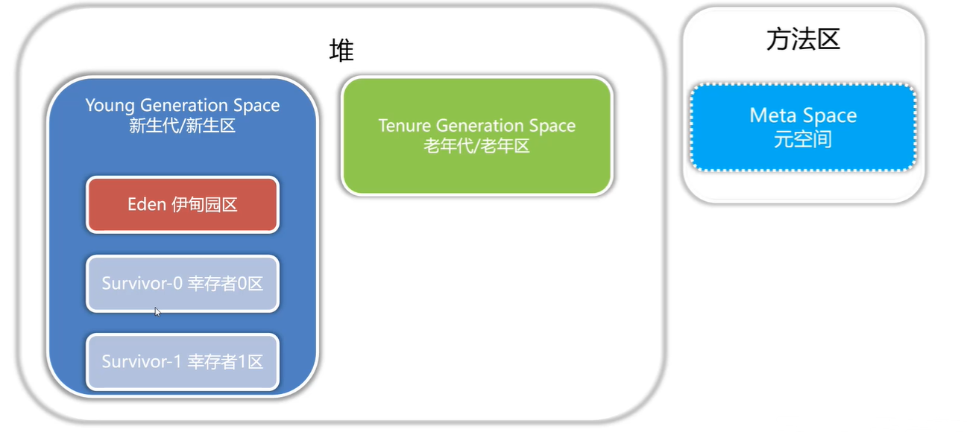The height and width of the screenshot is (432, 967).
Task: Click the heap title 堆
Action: (341, 51)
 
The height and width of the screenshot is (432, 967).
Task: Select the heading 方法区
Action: (803, 39)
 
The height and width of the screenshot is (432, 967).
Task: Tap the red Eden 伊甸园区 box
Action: (183, 204)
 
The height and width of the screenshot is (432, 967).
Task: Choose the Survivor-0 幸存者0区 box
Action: (183, 283)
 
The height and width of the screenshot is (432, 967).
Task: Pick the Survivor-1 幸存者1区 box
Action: (183, 362)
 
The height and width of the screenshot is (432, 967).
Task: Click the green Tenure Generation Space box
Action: (477, 136)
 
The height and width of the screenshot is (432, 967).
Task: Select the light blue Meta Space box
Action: (803, 127)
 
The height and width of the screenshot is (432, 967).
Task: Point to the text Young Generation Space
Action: (183, 105)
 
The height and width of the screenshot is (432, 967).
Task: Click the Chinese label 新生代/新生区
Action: (183, 125)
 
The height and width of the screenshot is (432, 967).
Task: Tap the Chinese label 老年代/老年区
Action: (477, 146)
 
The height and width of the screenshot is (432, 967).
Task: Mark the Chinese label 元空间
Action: (803, 139)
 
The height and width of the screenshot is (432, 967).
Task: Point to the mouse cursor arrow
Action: (157, 311)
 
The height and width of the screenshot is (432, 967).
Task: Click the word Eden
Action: (146, 204)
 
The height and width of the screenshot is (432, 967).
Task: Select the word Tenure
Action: (405, 125)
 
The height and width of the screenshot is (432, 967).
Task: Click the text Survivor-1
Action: (141, 362)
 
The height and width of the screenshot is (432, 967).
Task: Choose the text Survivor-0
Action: (141, 283)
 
